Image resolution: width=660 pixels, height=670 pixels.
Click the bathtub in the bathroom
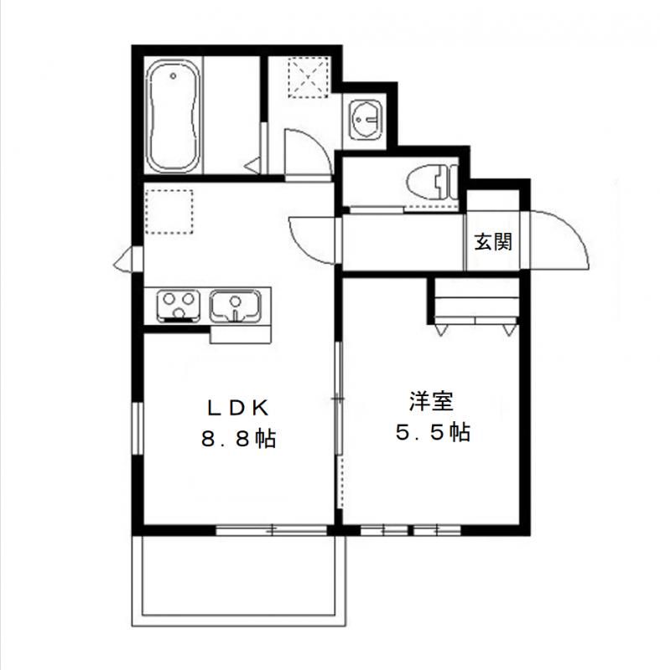pyautogui.click(x=173, y=116)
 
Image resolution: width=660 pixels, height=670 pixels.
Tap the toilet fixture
pyautogui.click(x=433, y=183)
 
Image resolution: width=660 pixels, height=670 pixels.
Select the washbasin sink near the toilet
pyautogui.click(x=365, y=120)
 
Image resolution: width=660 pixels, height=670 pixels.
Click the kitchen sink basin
pyautogui.click(x=235, y=306)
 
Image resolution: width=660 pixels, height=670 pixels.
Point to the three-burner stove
pyautogui.click(x=179, y=305)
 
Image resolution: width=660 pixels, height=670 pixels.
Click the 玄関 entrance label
pyautogui.click(x=493, y=242)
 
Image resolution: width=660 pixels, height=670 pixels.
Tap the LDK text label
pyautogui.click(x=238, y=408)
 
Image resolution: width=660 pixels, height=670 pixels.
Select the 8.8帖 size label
pyautogui.click(x=238, y=439)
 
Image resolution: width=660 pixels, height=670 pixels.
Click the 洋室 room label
pyautogui.click(x=431, y=402)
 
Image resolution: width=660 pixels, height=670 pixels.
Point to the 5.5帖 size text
pyautogui.click(x=433, y=432)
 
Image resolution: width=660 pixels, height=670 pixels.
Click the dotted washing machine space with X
pyautogui.click(x=309, y=77)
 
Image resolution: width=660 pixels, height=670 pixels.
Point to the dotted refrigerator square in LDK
pyautogui.click(x=169, y=212)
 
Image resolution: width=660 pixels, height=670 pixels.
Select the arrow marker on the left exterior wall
pyautogui.click(x=123, y=260)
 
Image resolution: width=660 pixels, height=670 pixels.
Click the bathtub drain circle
pyautogui.click(x=173, y=76)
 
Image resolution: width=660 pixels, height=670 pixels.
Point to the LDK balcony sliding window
pyautogui.click(x=271, y=530)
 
